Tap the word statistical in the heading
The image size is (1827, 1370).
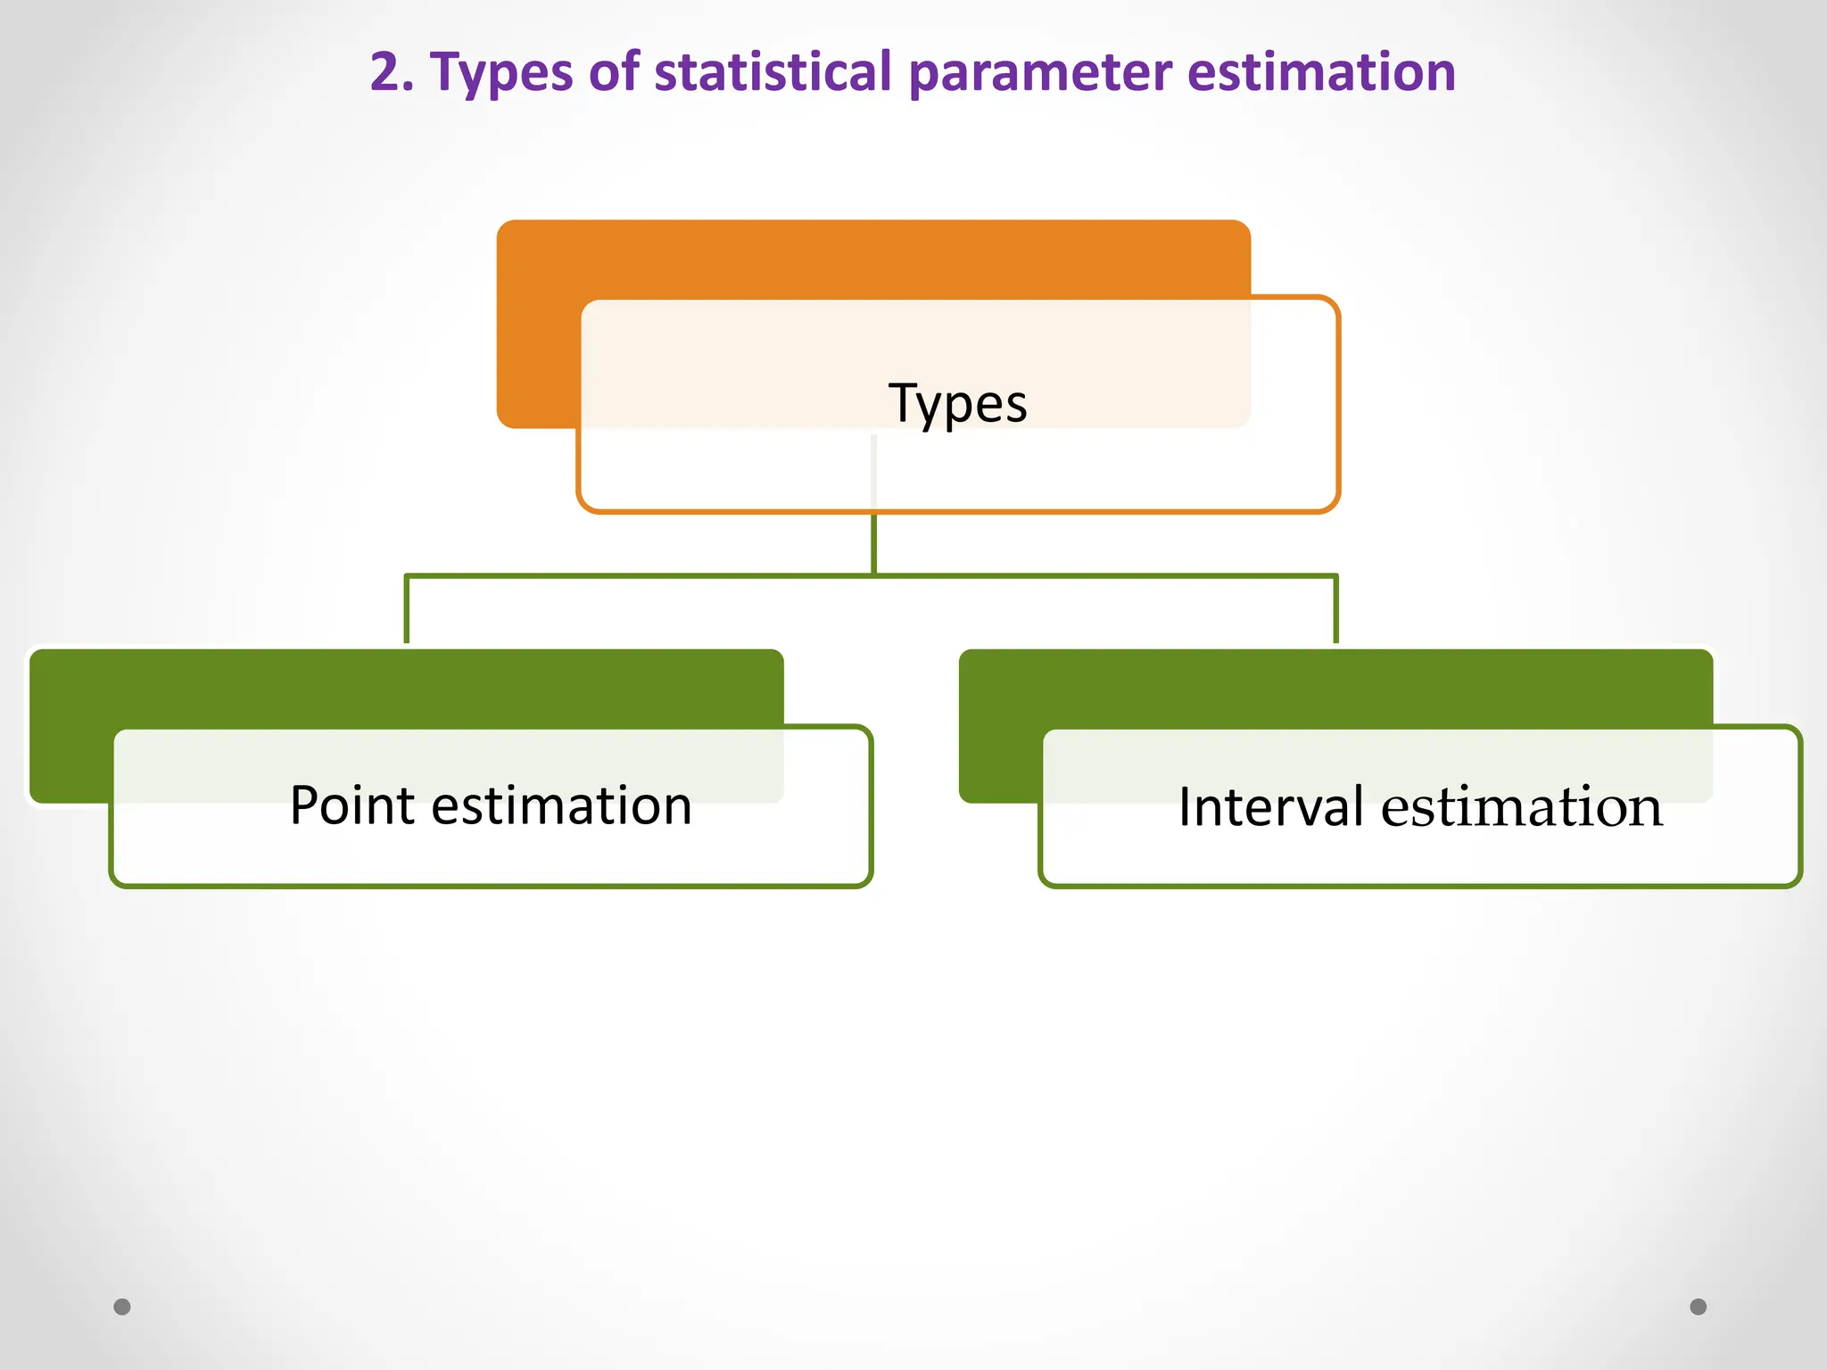(773, 71)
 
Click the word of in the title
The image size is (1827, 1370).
(614, 71)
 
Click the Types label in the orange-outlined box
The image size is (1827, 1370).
(957, 403)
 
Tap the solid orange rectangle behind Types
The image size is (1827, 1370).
(714, 259)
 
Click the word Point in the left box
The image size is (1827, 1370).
(352, 805)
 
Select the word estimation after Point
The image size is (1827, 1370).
(561, 805)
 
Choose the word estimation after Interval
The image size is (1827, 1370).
(1522, 806)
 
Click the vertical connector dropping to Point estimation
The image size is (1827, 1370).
(407, 610)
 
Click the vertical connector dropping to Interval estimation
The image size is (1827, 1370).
(1335, 610)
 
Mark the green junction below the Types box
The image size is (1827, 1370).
(873, 574)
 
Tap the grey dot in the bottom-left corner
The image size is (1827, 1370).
(122, 1307)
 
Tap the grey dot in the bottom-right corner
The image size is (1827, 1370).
(1699, 1307)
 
